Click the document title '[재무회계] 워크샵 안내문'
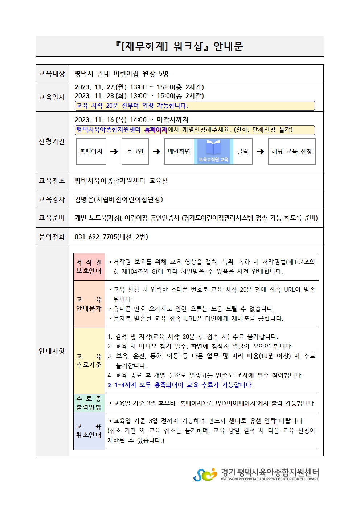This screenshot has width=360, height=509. [x=179, y=46]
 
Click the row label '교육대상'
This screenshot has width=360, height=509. [x=52, y=74]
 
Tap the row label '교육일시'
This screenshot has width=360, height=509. [x=52, y=97]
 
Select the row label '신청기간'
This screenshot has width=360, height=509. [x=52, y=141]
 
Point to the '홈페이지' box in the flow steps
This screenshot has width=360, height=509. [x=91, y=152]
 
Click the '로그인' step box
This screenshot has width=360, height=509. [x=135, y=152]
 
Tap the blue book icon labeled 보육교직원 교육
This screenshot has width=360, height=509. [x=213, y=152]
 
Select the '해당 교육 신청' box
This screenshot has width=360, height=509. [x=291, y=152]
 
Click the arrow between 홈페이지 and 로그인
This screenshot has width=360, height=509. [x=114, y=152]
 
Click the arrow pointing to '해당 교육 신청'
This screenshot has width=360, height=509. [x=260, y=152]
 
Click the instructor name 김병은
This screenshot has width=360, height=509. [x=84, y=200]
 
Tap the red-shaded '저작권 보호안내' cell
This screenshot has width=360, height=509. [x=89, y=267]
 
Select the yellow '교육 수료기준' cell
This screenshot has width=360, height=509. [x=89, y=361]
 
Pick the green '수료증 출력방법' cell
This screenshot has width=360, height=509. [x=89, y=403]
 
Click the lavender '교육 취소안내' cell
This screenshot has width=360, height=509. [x=89, y=431]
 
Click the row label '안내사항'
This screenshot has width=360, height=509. [x=52, y=351]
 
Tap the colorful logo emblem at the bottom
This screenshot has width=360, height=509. [x=205, y=475]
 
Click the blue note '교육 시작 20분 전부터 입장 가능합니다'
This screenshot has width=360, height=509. [x=132, y=106]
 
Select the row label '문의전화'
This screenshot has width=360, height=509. [x=52, y=237]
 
